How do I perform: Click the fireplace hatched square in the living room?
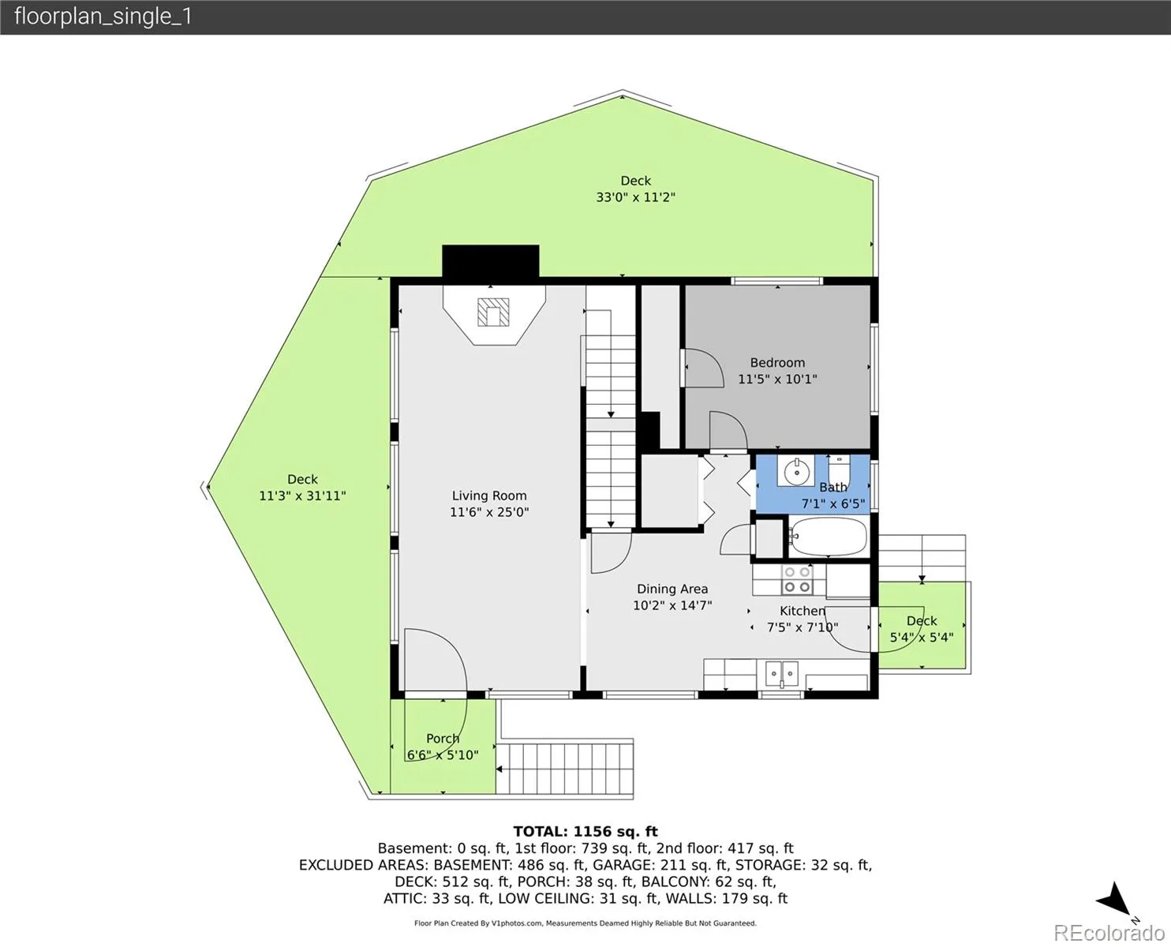[x=493, y=313]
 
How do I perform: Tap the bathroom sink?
[x=795, y=471]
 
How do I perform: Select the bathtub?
[x=829, y=536]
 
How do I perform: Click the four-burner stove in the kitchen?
[x=797, y=580]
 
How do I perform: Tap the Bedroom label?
[x=777, y=363]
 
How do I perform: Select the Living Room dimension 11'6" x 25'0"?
[x=489, y=512]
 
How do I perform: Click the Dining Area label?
[x=672, y=590]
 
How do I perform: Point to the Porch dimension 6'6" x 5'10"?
[x=443, y=755]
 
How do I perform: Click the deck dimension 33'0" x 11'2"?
[x=635, y=197]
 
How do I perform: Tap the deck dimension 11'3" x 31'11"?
[x=302, y=496]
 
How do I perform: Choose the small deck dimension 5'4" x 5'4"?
[x=922, y=638]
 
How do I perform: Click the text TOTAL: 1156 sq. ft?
[x=585, y=832]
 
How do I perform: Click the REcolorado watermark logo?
[x=1109, y=932]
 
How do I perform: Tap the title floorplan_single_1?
[x=103, y=17]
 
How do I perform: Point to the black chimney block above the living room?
[x=491, y=262]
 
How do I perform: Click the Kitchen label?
[x=802, y=611]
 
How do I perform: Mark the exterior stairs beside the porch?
[x=565, y=769]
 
